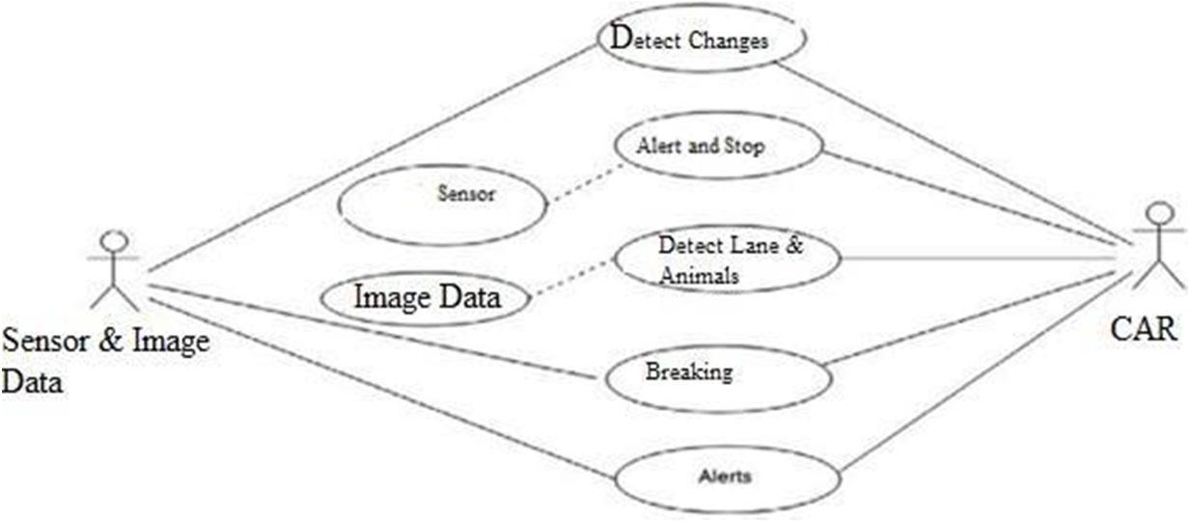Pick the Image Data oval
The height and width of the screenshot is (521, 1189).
click(x=428, y=298)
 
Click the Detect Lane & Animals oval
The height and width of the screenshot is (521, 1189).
click(x=728, y=259)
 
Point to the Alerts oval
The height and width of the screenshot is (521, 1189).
click(x=727, y=477)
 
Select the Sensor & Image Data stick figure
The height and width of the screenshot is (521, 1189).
click(x=114, y=269)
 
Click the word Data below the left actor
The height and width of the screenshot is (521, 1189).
click(x=33, y=383)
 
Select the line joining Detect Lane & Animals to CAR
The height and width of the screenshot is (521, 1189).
click(x=984, y=258)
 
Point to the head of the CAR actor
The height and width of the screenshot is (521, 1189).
click(x=1155, y=213)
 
